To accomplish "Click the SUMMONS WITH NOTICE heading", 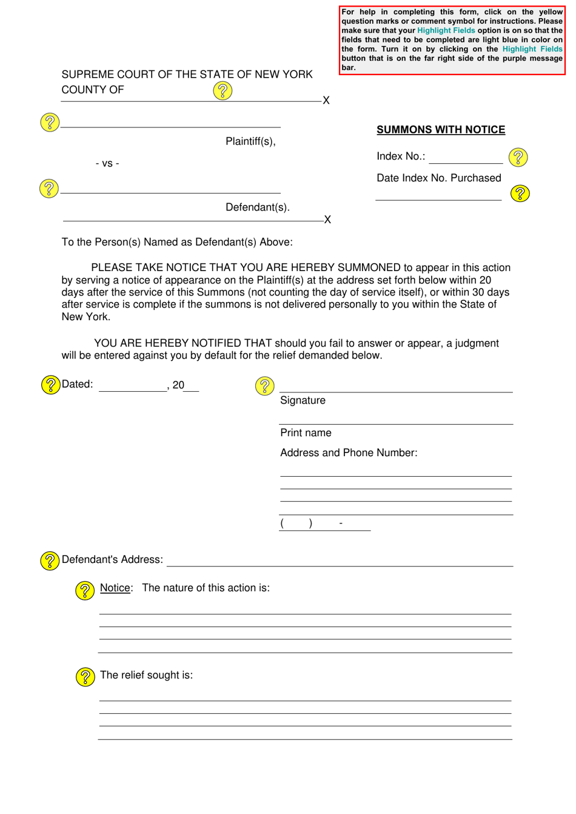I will [440, 130].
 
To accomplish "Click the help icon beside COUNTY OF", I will [223, 91].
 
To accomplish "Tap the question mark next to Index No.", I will [518, 157].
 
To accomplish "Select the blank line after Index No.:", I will [465, 158].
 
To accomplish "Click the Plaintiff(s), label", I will [250, 141].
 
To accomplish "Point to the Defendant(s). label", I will [257, 207].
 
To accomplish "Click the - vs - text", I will [107, 163].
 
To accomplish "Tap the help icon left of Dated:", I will [50, 385].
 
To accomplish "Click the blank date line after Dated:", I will [132, 386].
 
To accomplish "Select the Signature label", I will [303, 400].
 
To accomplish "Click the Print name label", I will [306, 433].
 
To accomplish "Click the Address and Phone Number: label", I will [349, 453].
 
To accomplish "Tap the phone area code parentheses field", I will [296, 523].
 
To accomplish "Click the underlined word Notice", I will [115, 588].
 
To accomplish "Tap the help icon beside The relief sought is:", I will [85, 676].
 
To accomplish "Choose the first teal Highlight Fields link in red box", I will [446, 30].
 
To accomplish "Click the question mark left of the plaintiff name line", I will [50, 123].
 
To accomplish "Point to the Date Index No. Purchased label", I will [438, 178].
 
